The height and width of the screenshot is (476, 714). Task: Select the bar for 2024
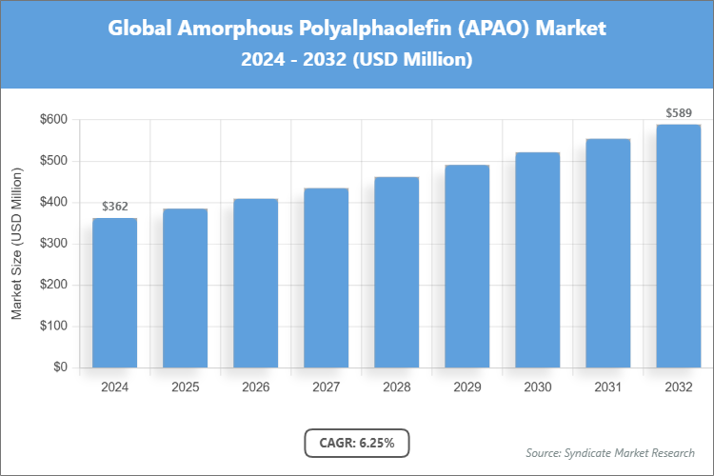[114, 293]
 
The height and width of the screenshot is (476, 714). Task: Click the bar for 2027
[326, 278]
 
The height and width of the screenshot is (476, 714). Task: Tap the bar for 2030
[537, 260]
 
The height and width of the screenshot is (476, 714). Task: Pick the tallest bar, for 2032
[678, 246]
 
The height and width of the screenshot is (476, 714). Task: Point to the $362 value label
[114, 206]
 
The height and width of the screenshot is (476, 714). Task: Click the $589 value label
[678, 113]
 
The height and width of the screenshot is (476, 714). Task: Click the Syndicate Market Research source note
[610, 452]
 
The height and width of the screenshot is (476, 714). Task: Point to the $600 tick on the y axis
[53, 119]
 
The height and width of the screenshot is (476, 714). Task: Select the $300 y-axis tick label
[53, 244]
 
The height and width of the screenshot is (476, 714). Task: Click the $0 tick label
[60, 367]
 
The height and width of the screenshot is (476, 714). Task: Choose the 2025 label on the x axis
[185, 387]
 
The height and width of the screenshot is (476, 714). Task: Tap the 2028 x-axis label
[396, 387]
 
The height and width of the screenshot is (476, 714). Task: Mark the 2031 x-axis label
[607, 387]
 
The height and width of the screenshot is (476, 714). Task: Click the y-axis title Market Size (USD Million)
[17, 244]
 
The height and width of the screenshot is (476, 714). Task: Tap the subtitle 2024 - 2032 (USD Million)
[357, 59]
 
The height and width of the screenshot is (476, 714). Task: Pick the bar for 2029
[466, 266]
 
